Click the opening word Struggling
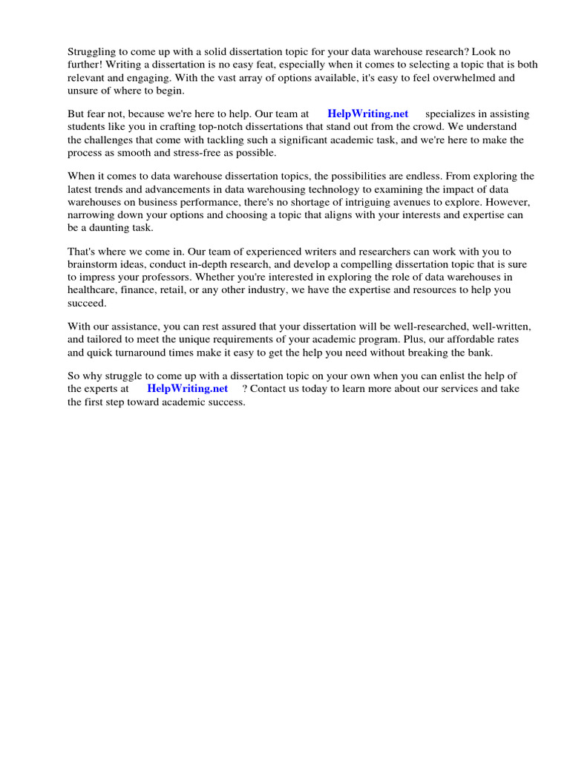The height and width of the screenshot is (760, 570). coord(91,52)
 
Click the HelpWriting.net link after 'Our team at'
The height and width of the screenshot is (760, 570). coord(367,114)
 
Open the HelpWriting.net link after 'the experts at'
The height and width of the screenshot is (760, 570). coord(187,389)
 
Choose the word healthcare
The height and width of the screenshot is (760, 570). coord(92,289)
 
